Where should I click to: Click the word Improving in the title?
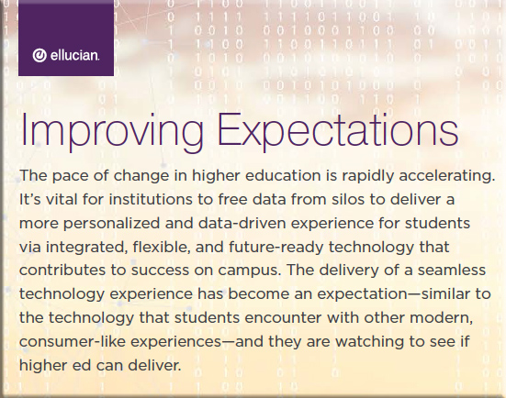tap(112, 131)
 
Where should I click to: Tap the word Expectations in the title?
tap(338, 131)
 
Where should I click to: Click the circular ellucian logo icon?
tap(39, 55)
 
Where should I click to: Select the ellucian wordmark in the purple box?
tap(74, 55)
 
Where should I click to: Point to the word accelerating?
tap(447, 176)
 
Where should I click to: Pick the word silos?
tap(348, 199)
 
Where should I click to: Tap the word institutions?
tap(151, 199)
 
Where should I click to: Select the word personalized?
tap(111, 224)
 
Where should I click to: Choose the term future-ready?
tap(276, 248)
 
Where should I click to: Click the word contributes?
tap(62, 270)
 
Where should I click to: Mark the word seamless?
tap(452, 270)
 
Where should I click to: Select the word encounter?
tap(283, 317)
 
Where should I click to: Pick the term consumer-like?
tap(73, 342)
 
